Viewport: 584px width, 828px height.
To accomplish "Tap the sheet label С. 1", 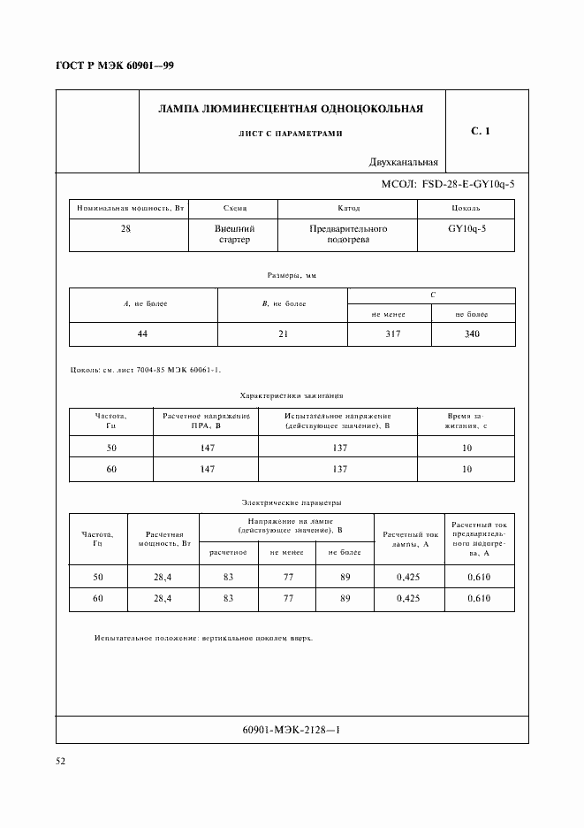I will click(480, 131).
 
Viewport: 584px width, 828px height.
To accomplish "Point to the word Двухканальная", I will click(405, 162).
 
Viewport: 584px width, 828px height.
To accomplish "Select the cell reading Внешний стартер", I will click(233, 234).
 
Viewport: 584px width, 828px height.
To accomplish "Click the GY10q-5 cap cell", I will click(467, 228).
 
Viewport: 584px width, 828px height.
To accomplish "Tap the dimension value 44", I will click(144, 335).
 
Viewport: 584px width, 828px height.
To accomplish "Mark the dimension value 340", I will click(472, 335).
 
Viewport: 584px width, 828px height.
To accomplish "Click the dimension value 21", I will click(283, 335).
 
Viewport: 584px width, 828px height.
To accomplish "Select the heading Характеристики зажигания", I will click(291, 396).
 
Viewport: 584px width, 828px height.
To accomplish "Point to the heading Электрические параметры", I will click(291, 502).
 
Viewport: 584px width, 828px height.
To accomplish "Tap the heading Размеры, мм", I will click(291, 276).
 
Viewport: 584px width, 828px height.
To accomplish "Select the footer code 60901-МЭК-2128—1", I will click(291, 730).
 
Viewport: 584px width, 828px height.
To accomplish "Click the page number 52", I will click(61, 760).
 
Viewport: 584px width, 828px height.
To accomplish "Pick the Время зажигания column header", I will click(466, 420).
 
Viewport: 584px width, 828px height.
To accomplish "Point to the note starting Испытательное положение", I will click(202, 637).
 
